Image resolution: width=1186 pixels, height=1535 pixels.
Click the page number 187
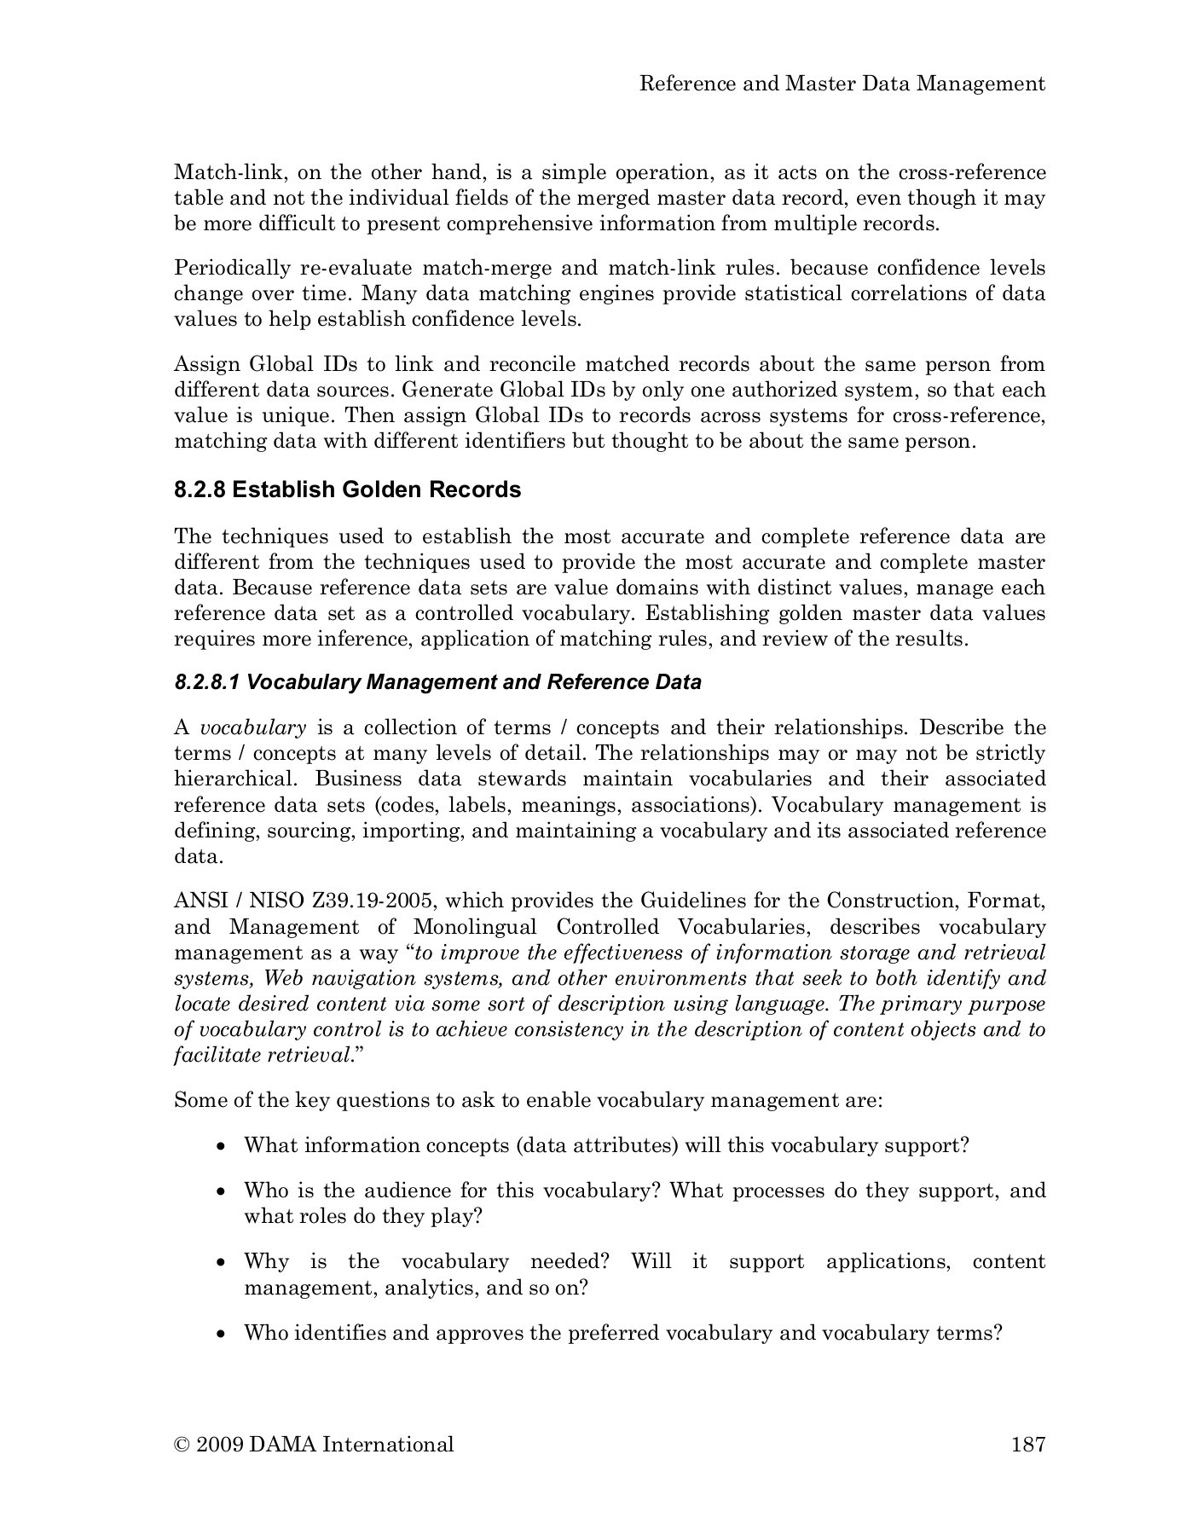(x=1027, y=1445)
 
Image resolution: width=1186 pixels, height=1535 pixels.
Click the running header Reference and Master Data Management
(x=842, y=84)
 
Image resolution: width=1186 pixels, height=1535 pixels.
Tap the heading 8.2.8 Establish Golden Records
(x=347, y=490)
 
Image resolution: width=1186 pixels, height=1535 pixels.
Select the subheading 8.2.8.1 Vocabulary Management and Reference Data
(x=437, y=682)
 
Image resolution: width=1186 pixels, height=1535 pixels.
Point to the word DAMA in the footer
(x=283, y=1445)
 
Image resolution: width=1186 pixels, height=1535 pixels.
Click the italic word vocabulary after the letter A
(x=252, y=728)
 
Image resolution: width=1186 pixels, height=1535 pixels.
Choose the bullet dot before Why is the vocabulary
(x=222, y=1263)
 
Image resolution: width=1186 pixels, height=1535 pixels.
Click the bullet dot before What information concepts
(x=222, y=1147)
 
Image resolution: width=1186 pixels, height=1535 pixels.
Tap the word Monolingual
(x=475, y=927)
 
